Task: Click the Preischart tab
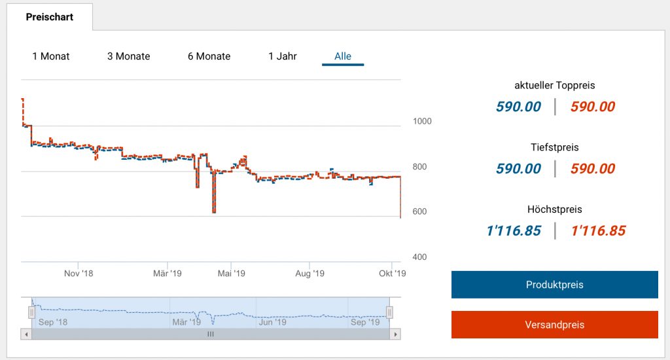50,17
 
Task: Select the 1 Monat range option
51,56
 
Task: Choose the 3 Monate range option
129,56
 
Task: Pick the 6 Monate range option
209,56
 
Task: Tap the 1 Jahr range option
283,56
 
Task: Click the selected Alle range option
343,56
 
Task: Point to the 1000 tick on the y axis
423,121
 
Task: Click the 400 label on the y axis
420,257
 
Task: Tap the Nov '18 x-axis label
79,274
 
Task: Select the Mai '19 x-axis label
230,274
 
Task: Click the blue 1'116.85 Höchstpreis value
514,230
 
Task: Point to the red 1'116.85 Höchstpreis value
598,230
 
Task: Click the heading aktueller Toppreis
555,85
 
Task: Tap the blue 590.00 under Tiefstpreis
518,169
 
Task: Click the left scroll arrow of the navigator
27,334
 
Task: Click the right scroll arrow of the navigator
395,334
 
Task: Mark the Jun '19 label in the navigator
273,322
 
